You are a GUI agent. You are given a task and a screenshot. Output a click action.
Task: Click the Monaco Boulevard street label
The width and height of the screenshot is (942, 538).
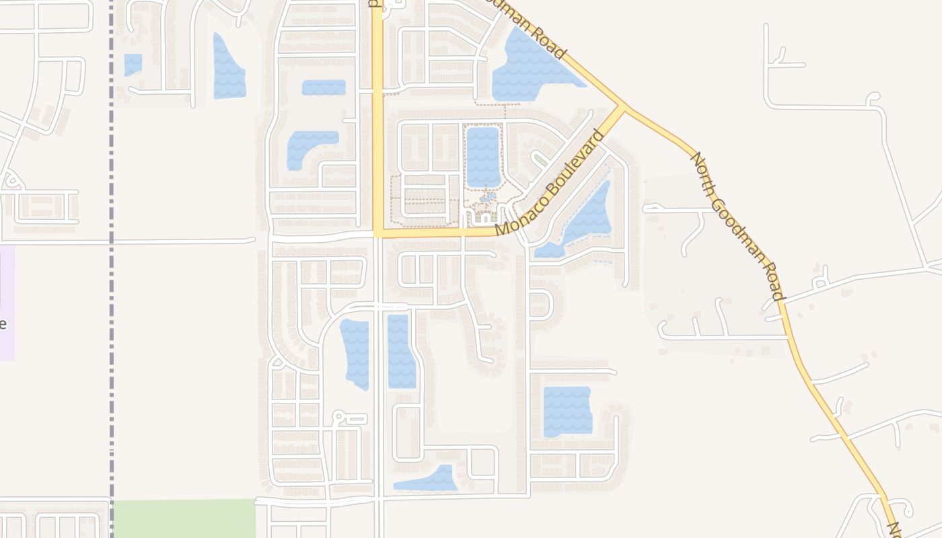coord(550,183)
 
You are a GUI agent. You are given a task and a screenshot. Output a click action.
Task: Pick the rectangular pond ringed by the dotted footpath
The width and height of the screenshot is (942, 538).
coord(483,156)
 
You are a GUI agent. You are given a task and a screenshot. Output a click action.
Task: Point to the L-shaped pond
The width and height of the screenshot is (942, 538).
coord(306,147)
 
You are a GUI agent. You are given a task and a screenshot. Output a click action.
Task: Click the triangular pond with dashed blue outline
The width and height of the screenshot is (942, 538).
coord(585,219)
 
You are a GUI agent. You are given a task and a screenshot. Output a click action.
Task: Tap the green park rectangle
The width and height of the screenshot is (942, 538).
coord(184,518)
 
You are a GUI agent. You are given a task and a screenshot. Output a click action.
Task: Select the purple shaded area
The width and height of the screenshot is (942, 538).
coord(7,303)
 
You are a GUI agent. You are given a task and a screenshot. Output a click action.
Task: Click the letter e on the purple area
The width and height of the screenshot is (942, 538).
coord(3,323)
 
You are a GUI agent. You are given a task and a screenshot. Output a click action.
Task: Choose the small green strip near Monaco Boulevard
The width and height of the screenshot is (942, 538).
coord(540,159)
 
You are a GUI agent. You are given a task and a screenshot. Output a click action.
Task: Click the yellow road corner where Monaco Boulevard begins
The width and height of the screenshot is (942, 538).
coord(378,233)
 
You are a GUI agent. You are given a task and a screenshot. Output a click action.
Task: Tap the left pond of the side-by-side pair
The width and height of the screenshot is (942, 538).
coord(355,354)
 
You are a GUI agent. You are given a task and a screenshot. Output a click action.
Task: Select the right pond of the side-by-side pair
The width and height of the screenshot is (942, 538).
coord(401,351)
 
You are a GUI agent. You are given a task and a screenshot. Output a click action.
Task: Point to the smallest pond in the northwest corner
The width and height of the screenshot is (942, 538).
coord(133,65)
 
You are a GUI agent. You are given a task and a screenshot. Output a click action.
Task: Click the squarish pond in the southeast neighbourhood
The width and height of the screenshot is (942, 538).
coord(567,411)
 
